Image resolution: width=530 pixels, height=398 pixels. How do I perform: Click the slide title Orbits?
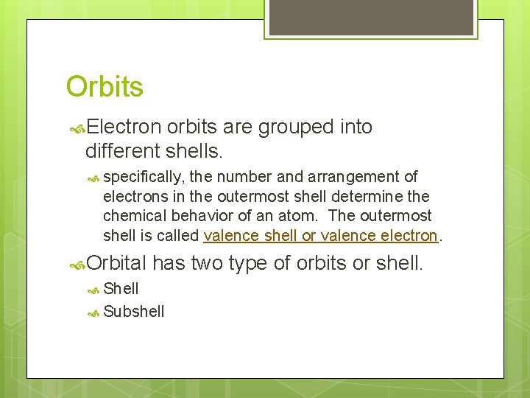click(105, 87)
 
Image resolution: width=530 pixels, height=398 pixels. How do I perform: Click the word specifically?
click(144, 177)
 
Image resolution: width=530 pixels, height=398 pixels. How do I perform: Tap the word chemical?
click(133, 217)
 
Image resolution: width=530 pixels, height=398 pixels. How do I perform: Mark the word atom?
click(302, 217)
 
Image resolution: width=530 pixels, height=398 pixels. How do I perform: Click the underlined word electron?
click(409, 237)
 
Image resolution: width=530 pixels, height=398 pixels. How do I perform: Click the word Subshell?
click(134, 312)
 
